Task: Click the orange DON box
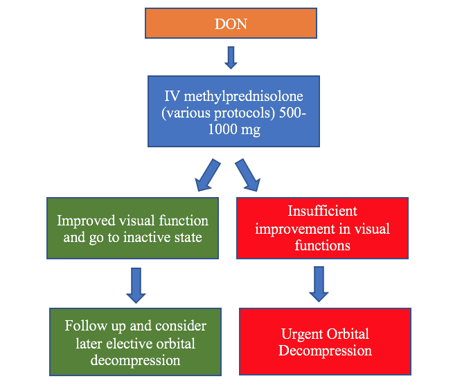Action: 231,24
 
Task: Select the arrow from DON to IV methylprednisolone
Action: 231,57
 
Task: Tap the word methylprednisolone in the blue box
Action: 242,96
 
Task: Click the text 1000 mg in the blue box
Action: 233,129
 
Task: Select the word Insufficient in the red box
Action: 322,212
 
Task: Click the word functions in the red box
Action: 323,245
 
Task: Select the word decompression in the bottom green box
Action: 136,360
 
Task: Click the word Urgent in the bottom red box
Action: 303,335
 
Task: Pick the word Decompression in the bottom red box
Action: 325,351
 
